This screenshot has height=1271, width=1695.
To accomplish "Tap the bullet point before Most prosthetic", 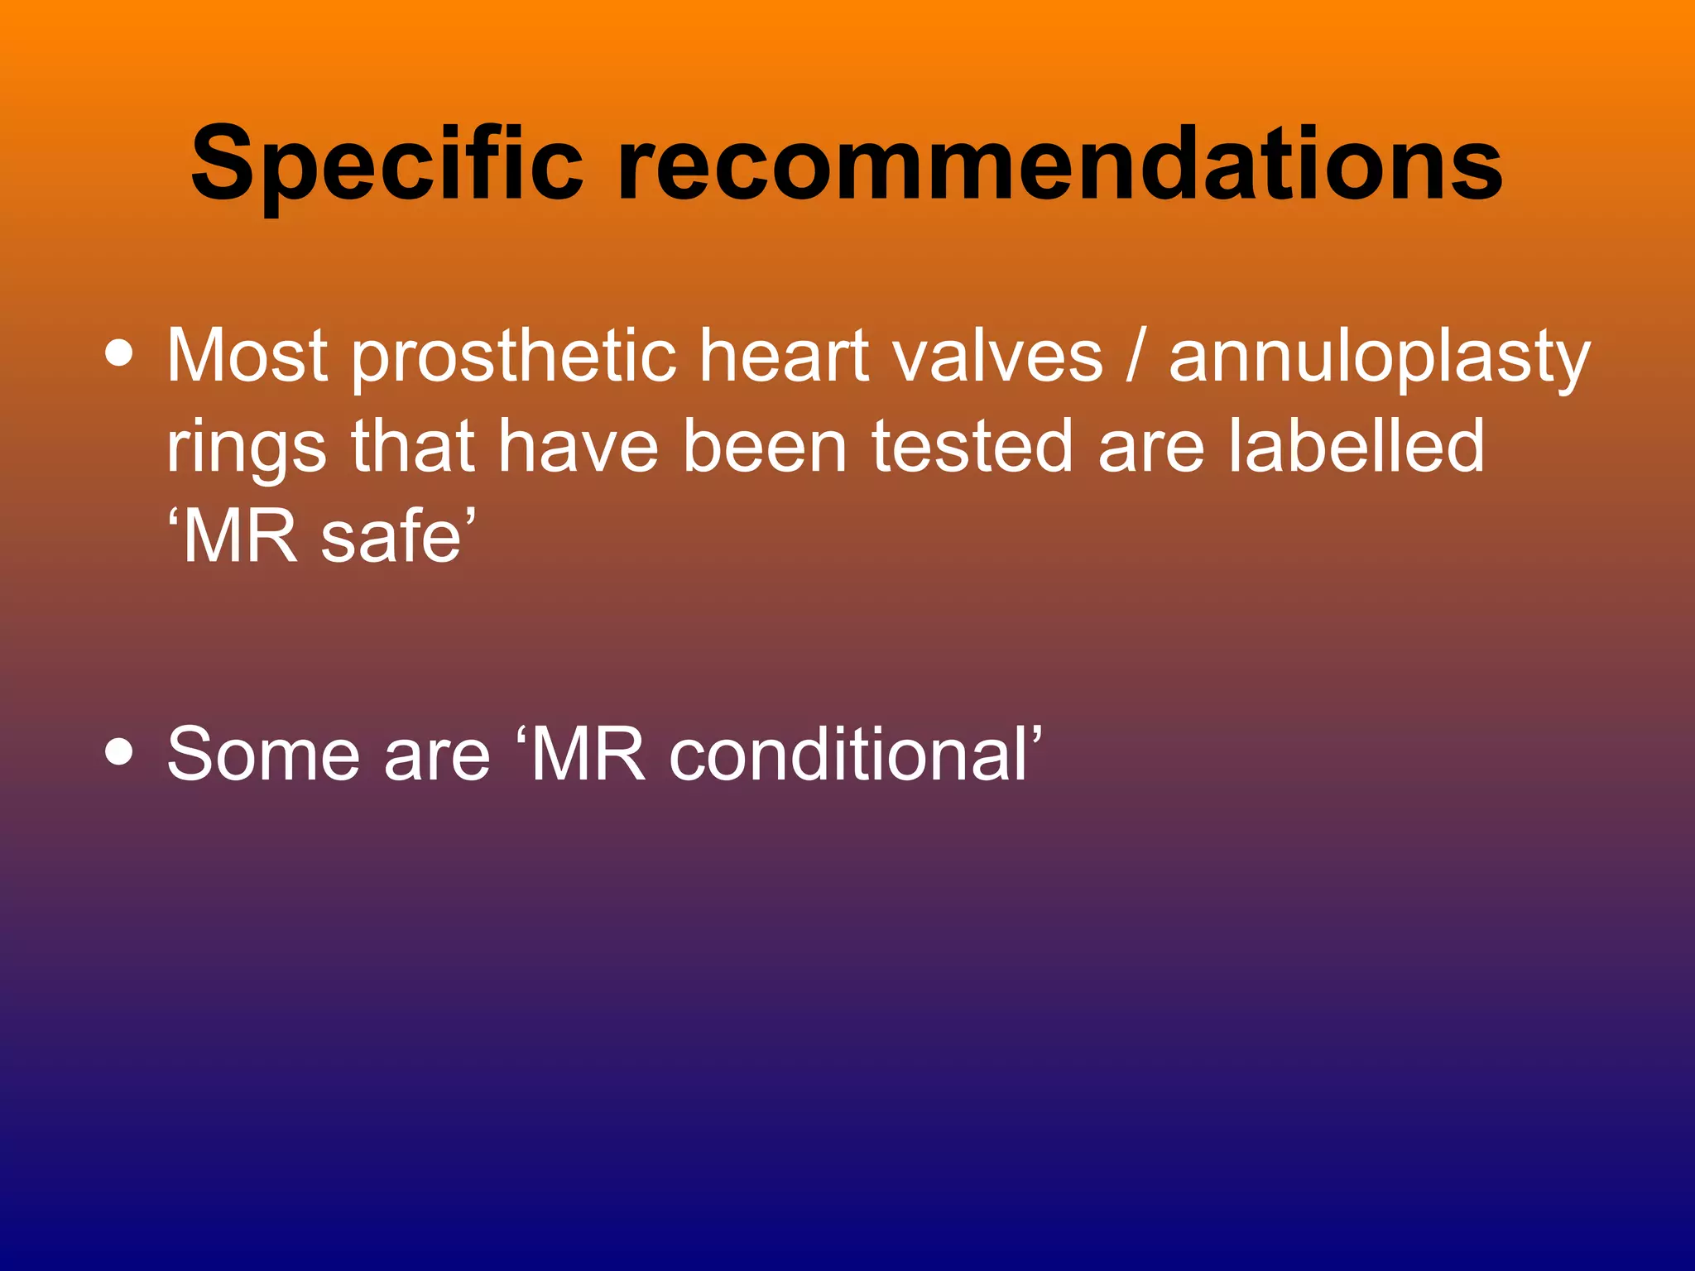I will click(120, 353).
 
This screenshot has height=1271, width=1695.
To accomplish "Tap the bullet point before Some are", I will click(120, 752).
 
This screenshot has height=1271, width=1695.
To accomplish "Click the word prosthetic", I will click(513, 357).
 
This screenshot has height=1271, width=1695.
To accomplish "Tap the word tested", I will click(972, 447).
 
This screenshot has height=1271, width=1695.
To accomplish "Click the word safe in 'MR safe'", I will click(391, 536).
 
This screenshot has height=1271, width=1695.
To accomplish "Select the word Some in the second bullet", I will click(263, 754).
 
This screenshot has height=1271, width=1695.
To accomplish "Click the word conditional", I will click(848, 754).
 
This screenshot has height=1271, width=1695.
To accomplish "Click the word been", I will click(765, 447).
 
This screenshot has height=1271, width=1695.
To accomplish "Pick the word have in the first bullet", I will click(578, 447).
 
